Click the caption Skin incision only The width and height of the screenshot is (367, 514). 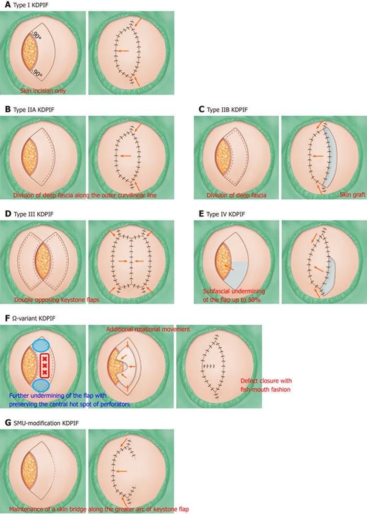pyautogui.click(x=43, y=90)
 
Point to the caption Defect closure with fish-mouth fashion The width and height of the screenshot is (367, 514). pyautogui.click(x=266, y=385)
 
